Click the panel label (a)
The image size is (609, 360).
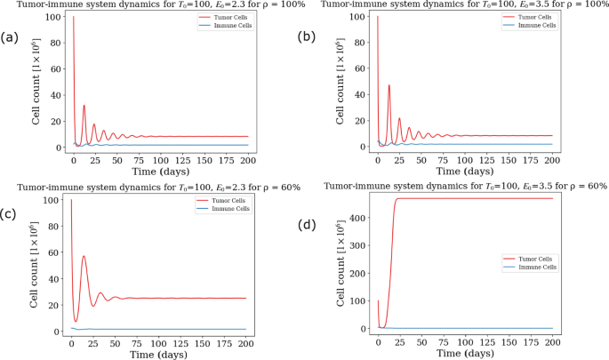pyautogui.click(x=10, y=37)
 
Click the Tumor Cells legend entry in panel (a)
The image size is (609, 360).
pyautogui.click(x=226, y=18)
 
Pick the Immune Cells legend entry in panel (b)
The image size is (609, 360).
pyautogui.click(x=530, y=26)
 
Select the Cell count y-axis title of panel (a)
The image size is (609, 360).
pyautogui.click(x=36, y=83)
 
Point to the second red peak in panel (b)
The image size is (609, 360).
pyautogui.click(x=389, y=85)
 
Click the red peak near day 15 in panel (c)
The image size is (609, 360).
pyautogui.click(x=84, y=256)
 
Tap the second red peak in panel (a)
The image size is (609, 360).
pyautogui.click(x=84, y=105)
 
